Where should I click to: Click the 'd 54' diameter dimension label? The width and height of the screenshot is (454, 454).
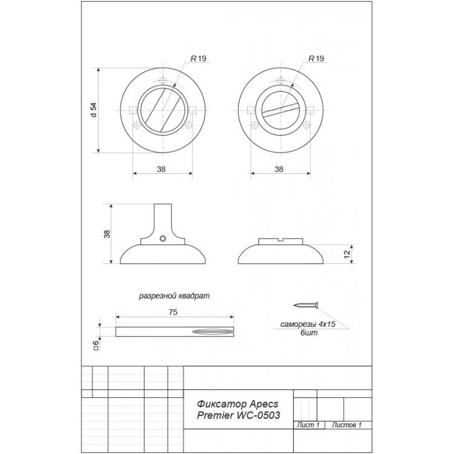click(x=93, y=110)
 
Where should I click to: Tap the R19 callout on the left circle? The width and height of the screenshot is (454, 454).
click(x=198, y=59)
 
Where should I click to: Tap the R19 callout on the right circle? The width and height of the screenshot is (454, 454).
click(x=316, y=59)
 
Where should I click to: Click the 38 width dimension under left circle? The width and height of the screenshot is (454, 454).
click(x=161, y=169)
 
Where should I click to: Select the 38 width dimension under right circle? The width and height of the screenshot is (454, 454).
click(x=278, y=169)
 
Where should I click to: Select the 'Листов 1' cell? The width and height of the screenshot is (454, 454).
click(x=346, y=425)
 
